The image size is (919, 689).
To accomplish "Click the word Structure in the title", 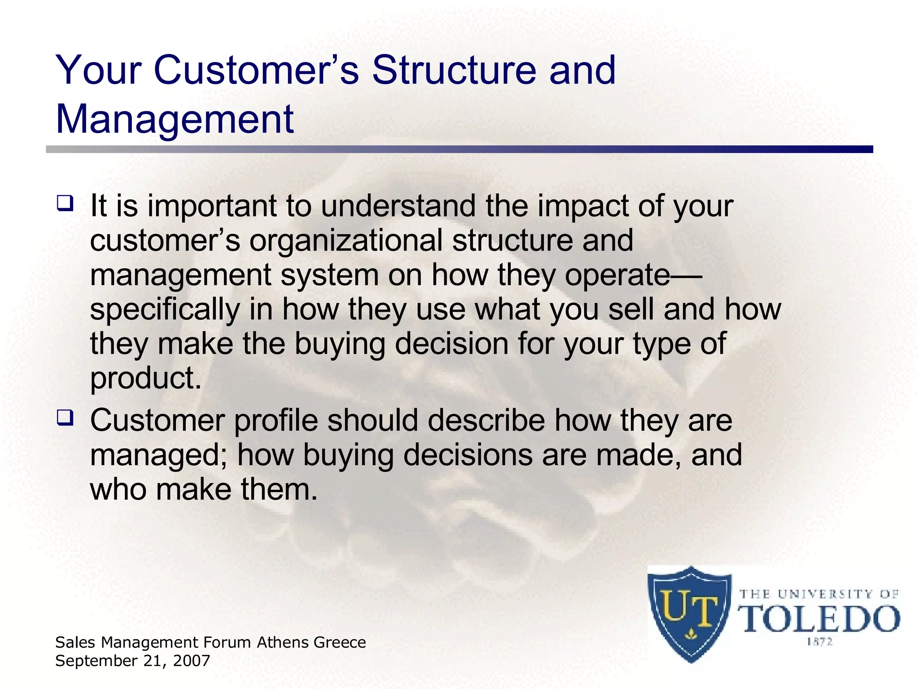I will [x=454, y=70].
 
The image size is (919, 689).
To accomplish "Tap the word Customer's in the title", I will [x=256, y=70].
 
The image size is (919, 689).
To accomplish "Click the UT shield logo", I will [x=689, y=614].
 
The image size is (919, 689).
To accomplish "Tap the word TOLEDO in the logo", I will [x=819, y=619].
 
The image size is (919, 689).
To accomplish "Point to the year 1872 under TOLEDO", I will [x=819, y=642].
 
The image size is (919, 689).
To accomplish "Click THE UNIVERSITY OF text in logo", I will [x=818, y=594].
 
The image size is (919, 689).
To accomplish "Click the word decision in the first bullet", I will [x=451, y=344].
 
